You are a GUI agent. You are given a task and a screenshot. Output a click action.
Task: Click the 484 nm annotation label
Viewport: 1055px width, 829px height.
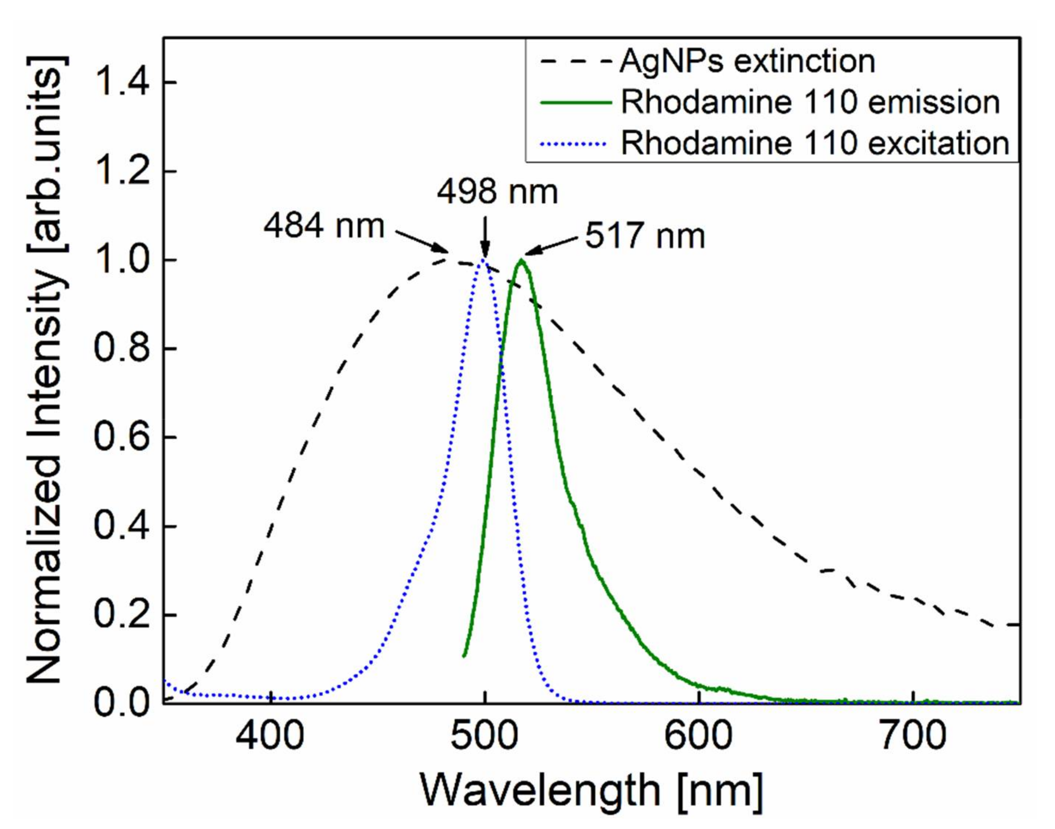pyautogui.click(x=324, y=226)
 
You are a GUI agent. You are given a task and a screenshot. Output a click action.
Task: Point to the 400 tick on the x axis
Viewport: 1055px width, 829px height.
pyautogui.click(x=270, y=736)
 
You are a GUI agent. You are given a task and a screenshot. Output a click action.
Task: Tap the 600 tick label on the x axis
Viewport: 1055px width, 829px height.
pyautogui.click(x=698, y=736)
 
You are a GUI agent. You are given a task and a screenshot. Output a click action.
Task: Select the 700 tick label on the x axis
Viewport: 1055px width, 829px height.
pyautogui.click(x=913, y=736)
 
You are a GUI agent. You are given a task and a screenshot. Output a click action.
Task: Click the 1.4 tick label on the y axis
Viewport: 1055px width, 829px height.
pyautogui.click(x=122, y=82)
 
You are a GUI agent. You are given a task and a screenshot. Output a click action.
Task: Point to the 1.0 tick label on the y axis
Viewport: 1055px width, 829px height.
pyautogui.click(x=122, y=260)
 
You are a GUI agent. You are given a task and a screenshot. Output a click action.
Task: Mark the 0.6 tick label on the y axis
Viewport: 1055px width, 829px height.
pyautogui.click(x=122, y=437)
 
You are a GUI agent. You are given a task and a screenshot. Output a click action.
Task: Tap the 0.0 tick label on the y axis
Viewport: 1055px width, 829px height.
pyautogui.click(x=122, y=703)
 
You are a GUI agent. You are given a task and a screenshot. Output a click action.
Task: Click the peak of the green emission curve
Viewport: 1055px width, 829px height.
pyautogui.click(x=521, y=260)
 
